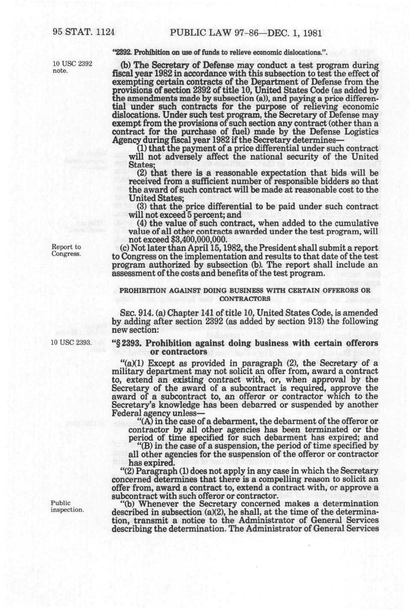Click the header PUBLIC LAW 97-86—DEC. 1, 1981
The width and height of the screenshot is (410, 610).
[x=246, y=33]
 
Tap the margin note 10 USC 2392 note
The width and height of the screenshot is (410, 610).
[x=72, y=67]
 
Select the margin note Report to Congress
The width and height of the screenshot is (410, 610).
[x=66, y=250]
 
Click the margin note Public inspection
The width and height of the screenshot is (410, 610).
[x=67, y=506]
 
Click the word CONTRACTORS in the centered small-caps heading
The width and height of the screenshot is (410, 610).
[x=245, y=298]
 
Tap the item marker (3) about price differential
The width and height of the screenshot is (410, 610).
[x=142, y=207]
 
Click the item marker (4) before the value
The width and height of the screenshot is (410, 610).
[x=142, y=223]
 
